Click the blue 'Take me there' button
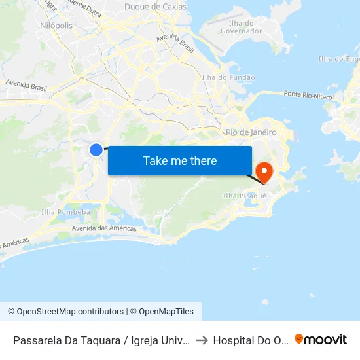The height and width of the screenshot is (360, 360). [180, 160]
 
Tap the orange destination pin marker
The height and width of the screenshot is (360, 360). [264, 173]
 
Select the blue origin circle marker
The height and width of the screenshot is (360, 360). [96, 150]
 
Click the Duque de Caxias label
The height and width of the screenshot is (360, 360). [155, 7]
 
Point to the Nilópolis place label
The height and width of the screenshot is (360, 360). [57, 24]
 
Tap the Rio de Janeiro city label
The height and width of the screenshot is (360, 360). [251, 132]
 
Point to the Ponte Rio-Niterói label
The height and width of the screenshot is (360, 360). [309, 96]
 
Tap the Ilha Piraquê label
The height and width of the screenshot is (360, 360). [245, 196]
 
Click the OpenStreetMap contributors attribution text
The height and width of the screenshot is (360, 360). [65, 312]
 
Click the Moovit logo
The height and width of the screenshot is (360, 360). [321, 339]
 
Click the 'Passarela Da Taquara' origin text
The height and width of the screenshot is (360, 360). [101, 340]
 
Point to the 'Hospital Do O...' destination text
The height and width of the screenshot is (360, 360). [251, 340]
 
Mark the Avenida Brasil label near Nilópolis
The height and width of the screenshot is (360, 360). [27, 85]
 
